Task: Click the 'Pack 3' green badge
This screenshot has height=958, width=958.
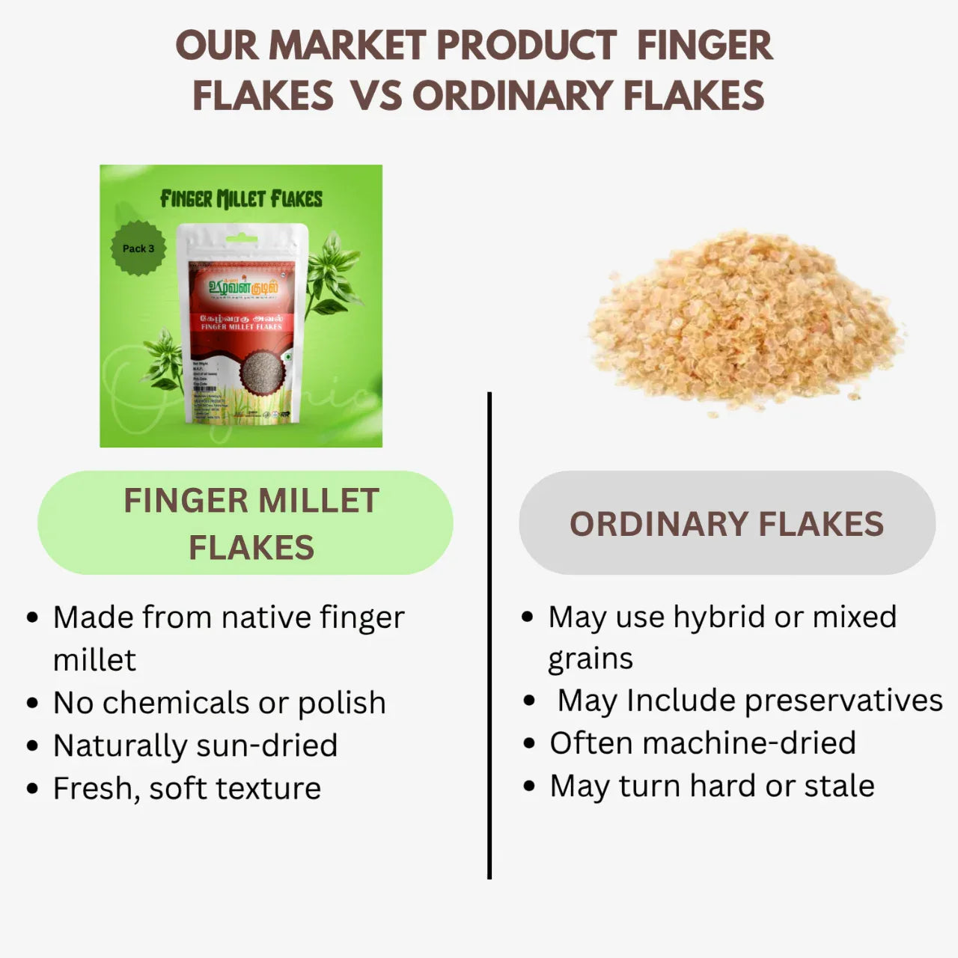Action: [x=138, y=248]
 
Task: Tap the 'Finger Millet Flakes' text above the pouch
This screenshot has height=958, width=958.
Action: [x=241, y=199]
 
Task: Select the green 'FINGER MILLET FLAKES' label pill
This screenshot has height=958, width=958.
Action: [x=245, y=523]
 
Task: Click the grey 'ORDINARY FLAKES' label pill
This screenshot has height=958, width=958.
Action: [x=727, y=523]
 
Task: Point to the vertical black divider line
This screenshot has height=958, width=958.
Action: [x=489, y=636]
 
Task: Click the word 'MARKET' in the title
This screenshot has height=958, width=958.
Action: [x=347, y=46]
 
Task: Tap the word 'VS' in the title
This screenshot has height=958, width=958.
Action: [x=376, y=96]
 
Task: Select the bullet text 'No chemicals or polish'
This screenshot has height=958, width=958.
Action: [x=219, y=703]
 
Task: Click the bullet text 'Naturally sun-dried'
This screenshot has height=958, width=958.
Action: [x=195, y=745]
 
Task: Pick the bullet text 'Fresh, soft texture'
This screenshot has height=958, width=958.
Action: [x=187, y=788]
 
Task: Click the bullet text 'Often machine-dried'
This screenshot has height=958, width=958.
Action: [x=703, y=743]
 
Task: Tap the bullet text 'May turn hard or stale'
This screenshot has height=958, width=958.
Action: [x=712, y=786]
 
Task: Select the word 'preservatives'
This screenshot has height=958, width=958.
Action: [x=843, y=701]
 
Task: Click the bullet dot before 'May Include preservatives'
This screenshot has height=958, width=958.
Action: [x=530, y=701]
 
